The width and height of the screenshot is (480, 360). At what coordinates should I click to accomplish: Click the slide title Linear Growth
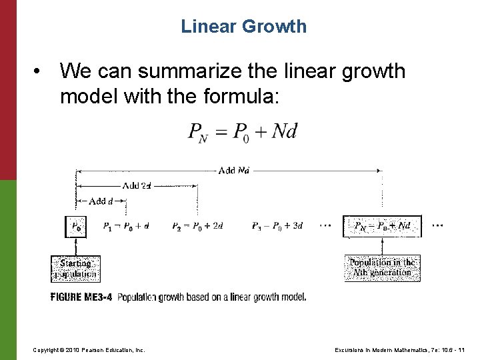pos(243,27)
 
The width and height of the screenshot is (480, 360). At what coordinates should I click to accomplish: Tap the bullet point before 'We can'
pos(41,71)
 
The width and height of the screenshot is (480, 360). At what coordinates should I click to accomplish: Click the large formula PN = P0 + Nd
pos(242,131)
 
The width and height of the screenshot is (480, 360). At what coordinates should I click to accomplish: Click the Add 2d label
pos(136,185)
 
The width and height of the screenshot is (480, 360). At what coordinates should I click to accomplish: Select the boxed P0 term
pos(76,226)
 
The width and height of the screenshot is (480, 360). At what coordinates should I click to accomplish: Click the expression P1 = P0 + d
pos(126,226)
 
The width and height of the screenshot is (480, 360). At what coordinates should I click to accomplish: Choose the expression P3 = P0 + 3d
pos(277,226)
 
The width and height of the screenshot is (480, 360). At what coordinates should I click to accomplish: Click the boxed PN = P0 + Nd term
pos(382,226)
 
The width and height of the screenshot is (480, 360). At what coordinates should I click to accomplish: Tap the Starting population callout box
pos(75,269)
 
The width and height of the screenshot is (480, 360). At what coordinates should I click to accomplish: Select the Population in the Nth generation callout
pos(382,267)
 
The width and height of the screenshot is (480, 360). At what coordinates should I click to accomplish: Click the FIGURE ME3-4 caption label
pos(81,297)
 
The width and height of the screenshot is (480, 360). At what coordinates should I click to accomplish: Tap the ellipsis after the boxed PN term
pos(437,225)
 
